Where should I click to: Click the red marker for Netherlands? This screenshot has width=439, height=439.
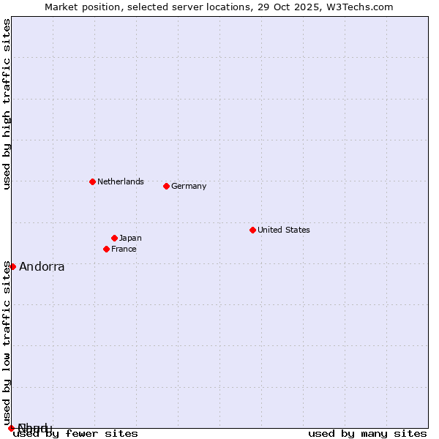[92, 181]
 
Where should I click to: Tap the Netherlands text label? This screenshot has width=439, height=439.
[121, 181]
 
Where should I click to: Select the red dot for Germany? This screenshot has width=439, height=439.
[166, 186]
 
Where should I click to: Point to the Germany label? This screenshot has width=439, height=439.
[189, 186]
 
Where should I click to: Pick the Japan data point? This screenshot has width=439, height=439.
[114, 238]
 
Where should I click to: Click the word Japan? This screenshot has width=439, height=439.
[130, 238]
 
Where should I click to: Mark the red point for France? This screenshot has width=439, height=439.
[106, 249]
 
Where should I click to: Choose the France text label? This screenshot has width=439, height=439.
[124, 249]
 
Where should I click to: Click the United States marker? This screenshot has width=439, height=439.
[252, 230]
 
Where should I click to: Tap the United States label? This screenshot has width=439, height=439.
[284, 230]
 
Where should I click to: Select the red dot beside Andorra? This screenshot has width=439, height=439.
[12, 266]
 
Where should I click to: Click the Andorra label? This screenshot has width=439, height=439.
[42, 266]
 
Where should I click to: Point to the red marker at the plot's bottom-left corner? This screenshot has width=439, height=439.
[11, 428]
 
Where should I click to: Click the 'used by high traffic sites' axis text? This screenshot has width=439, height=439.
[7, 104]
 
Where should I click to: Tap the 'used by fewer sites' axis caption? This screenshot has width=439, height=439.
[76, 434]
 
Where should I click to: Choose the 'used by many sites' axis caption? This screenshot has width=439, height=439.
[367, 434]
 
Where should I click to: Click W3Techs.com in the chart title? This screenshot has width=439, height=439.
[360, 7]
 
